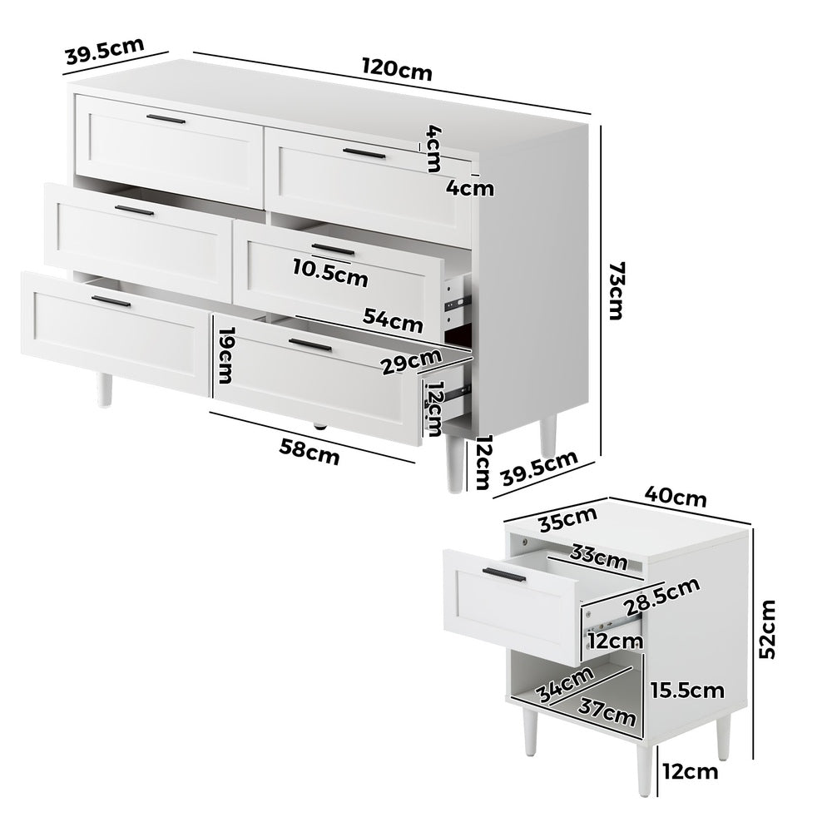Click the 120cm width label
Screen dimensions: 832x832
(x=397, y=69)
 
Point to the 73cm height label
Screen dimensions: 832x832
(x=617, y=290)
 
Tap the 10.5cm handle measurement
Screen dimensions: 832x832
(x=330, y=272)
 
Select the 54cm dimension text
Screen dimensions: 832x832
(x=393, y=319)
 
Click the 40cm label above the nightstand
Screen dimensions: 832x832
(x=676, y=497)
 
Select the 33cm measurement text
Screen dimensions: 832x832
(x=598, y=557)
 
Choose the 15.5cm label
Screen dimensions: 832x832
(x=688, y=690)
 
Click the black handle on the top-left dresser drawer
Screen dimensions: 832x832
(x=167, y=120)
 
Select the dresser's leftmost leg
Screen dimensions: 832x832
(x=104, y=389)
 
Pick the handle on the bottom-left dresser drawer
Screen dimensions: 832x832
(x=111, y=301)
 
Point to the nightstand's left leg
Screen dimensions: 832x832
(x=530, y=732)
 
